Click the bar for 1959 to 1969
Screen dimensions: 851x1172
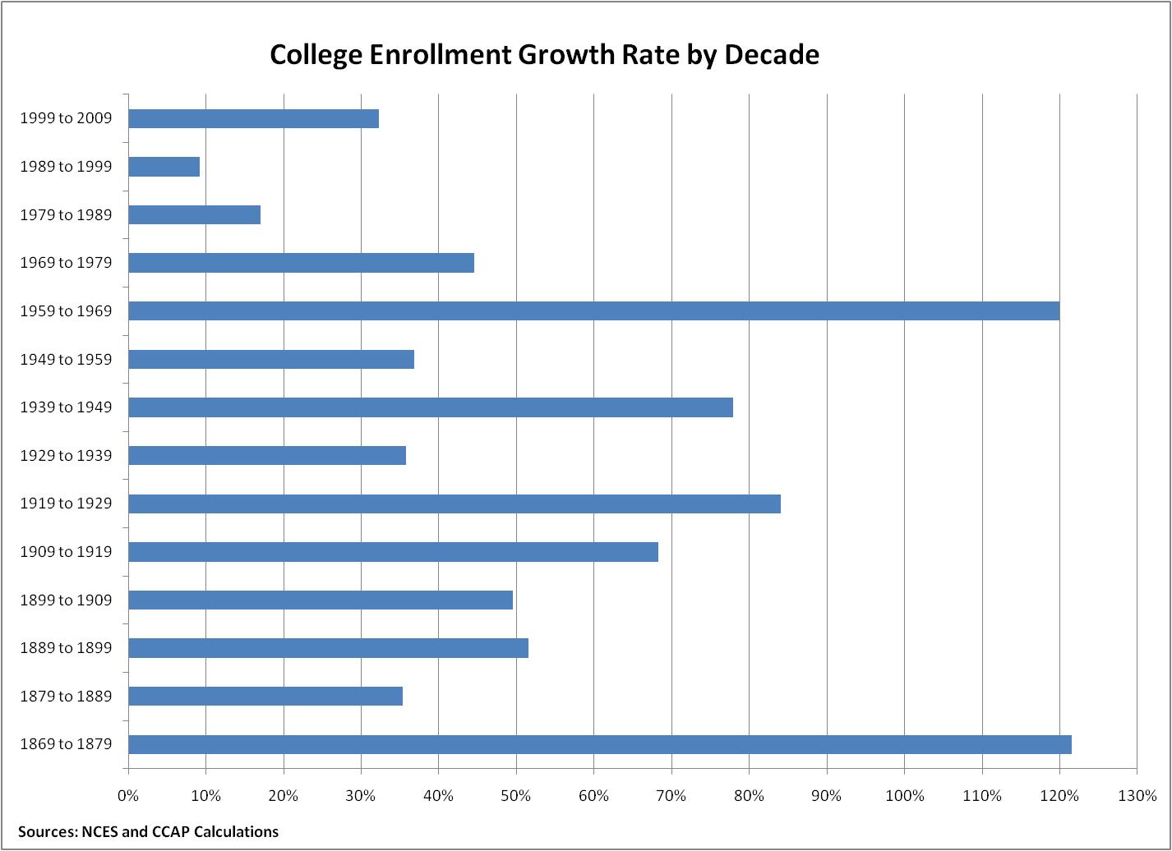[x=593, y=311]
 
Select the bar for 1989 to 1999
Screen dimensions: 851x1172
[x=164, y=167]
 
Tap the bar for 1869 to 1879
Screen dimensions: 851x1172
[x=600, y=744]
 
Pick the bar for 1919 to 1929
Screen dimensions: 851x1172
[x=454, y=504]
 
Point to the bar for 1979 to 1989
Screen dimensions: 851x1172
[x=195, y=215]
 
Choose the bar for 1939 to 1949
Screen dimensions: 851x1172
[x=431, y=407]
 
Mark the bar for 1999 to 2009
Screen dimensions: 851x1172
[x=254, y=118]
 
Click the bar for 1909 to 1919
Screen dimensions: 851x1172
[x=393, y=552]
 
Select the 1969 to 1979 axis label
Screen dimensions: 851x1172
[x=66, y=263]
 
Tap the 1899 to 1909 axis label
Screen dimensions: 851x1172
[x=66, y=600]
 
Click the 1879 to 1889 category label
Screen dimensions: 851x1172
[x=66, y=697]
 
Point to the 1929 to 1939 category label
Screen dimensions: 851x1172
[x=66, y=456]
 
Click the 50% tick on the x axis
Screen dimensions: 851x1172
[x=516, y=795]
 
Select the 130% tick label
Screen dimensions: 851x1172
[x=1137, y=795]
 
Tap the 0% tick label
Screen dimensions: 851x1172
[x=128, y=795]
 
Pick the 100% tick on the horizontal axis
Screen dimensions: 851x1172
[x=904, y=795]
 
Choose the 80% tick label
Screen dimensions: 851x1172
[x=749, y=795]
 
